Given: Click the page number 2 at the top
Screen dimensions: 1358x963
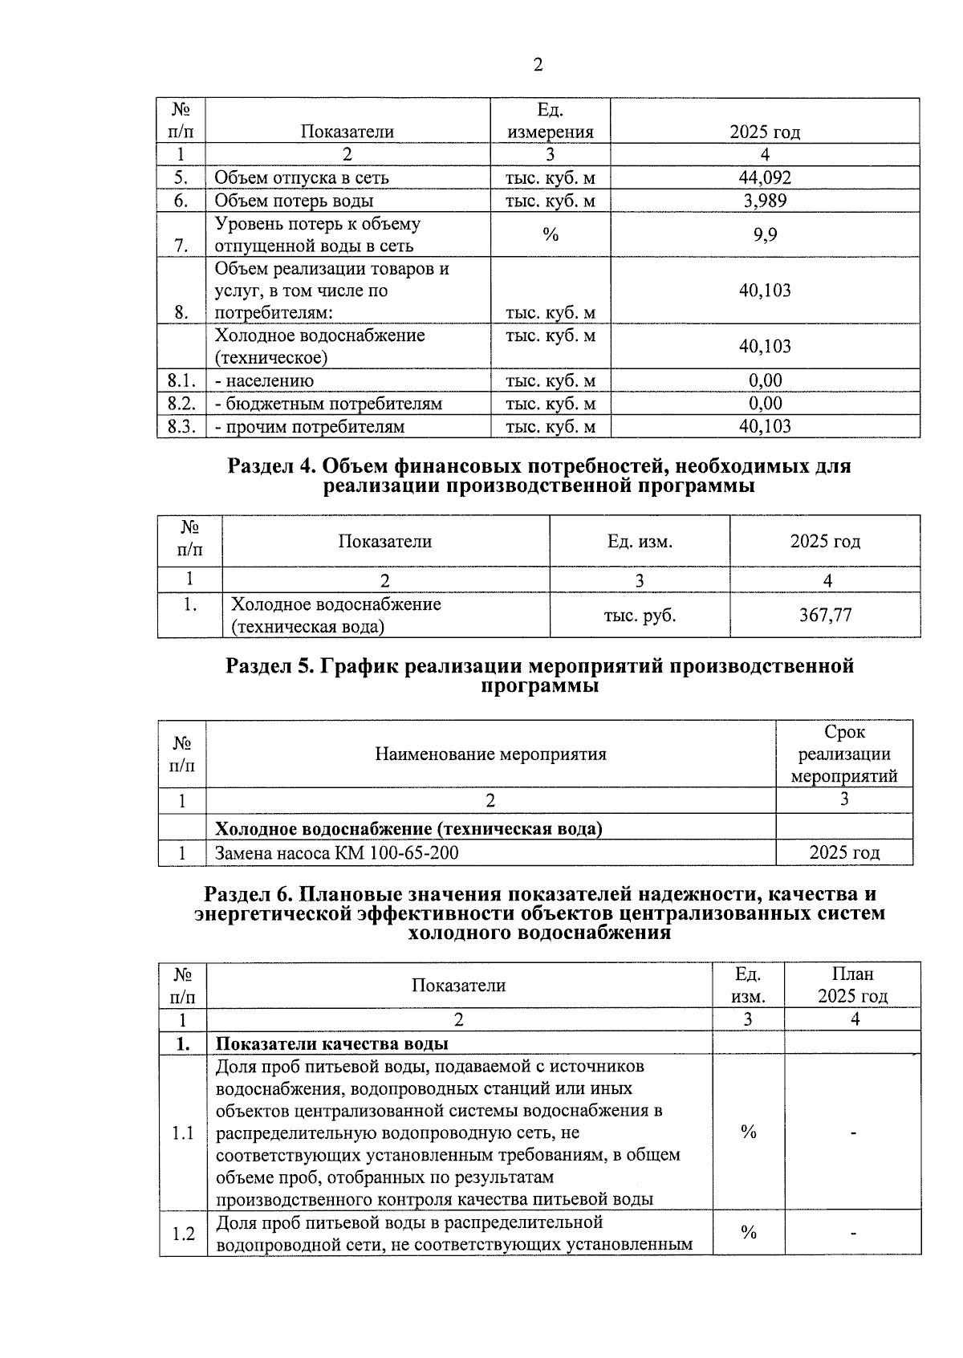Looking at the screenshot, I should click(x=538, y=66).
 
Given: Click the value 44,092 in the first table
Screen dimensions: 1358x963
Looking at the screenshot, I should click(x=764, y=178).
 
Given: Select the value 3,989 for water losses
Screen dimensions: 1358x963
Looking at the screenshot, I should click(x=764, y=201).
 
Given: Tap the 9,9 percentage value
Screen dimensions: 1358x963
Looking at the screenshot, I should click(x=764, y=235).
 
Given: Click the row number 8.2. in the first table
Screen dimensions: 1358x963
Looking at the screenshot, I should click(x=181, y=404).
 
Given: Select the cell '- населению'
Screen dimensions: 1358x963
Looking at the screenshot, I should click(x=265, y=381).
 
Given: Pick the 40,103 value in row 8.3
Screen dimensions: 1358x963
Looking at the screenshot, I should click(x=764, y=426).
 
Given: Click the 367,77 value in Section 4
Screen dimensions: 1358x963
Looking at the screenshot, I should click(x=825, y=616).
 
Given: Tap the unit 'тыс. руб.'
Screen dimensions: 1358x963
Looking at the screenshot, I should click(x=640, y=616).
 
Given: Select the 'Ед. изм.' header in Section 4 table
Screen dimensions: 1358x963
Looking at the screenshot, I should click(x=640, y=542).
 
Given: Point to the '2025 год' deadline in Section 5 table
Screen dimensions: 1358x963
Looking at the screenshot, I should click(x=844, y=852).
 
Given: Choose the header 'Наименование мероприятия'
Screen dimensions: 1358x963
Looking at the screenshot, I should click(x=490, y=754).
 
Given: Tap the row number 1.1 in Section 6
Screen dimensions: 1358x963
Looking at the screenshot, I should click(x=183, y=1133).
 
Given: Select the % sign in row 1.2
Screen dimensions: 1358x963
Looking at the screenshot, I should click(x=749, y=1232).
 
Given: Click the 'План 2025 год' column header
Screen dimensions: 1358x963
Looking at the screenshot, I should click(x=852, y=985).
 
